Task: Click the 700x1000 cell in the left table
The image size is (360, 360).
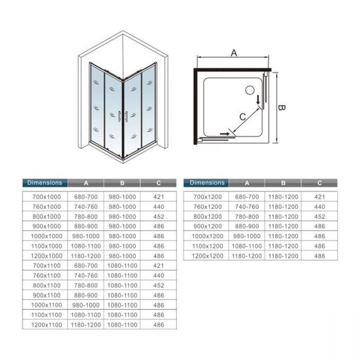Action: click(x=46, y=197)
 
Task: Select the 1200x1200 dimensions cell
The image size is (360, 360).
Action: click(x=207, y=256)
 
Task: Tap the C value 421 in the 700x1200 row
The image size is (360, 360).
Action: click(x=319, y=197)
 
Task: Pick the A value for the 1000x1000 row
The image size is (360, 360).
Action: click(x=86, y=236)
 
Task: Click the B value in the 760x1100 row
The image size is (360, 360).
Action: click(x=122, y=275)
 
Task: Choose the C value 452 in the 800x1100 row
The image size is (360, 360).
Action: click(x=158, y=285)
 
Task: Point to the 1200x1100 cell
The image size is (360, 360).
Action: click(x=46, y=324)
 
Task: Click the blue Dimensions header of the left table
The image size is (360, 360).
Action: click(x=45, y=183)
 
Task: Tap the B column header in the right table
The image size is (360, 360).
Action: click(x=283, y=183)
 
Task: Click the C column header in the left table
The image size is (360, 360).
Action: click(x=158, y=183)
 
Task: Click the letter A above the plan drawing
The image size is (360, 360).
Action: click(x=233, y=53)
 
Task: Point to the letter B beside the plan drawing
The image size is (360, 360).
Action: click(x=281, y=107)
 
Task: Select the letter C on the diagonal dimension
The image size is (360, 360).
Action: click(x=242, y=117)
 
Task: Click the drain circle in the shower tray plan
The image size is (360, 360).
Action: click(x=250, y=90)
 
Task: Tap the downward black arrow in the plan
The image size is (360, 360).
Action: click(x=258, y=100)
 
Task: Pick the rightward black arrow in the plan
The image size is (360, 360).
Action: click(x=224, y=133)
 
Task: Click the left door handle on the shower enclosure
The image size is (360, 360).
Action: click(x=119, y=116)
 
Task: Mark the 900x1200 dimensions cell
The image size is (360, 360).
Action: click(x=207, y=226)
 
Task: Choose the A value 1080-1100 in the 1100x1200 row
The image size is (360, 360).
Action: click(x=247, y=246)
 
